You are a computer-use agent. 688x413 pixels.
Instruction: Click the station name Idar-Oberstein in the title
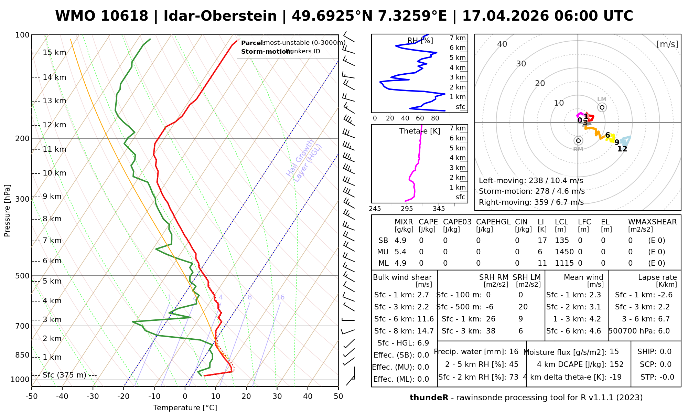[220, 16]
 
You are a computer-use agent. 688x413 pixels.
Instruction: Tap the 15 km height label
[54, 53]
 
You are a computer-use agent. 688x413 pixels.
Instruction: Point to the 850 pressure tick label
[23, 355]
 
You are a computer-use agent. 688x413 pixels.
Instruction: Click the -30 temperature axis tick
[93, 396]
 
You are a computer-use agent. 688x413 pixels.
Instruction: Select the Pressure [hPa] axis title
[7, 211]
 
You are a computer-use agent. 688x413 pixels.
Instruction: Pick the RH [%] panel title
[420, 41]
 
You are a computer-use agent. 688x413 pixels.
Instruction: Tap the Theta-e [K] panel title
[420, 131]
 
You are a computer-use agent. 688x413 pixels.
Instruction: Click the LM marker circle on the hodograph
[602, 107]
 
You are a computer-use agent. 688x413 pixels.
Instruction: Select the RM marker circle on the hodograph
[578, 140]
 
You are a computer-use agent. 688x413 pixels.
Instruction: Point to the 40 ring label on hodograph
[502, 44]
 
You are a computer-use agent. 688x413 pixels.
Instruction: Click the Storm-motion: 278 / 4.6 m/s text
[531, 191]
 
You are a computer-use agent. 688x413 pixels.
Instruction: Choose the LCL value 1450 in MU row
[564, 252]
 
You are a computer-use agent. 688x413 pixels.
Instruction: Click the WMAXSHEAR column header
[652, 222]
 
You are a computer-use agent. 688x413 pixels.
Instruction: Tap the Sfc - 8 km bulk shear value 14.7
[426, 331]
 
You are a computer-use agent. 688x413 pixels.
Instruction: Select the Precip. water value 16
[514, 352]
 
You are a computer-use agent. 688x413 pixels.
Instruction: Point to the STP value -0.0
[667, 377]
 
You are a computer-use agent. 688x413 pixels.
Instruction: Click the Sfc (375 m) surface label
[64, 375]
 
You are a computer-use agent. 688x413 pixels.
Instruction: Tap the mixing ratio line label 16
[280, 297]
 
